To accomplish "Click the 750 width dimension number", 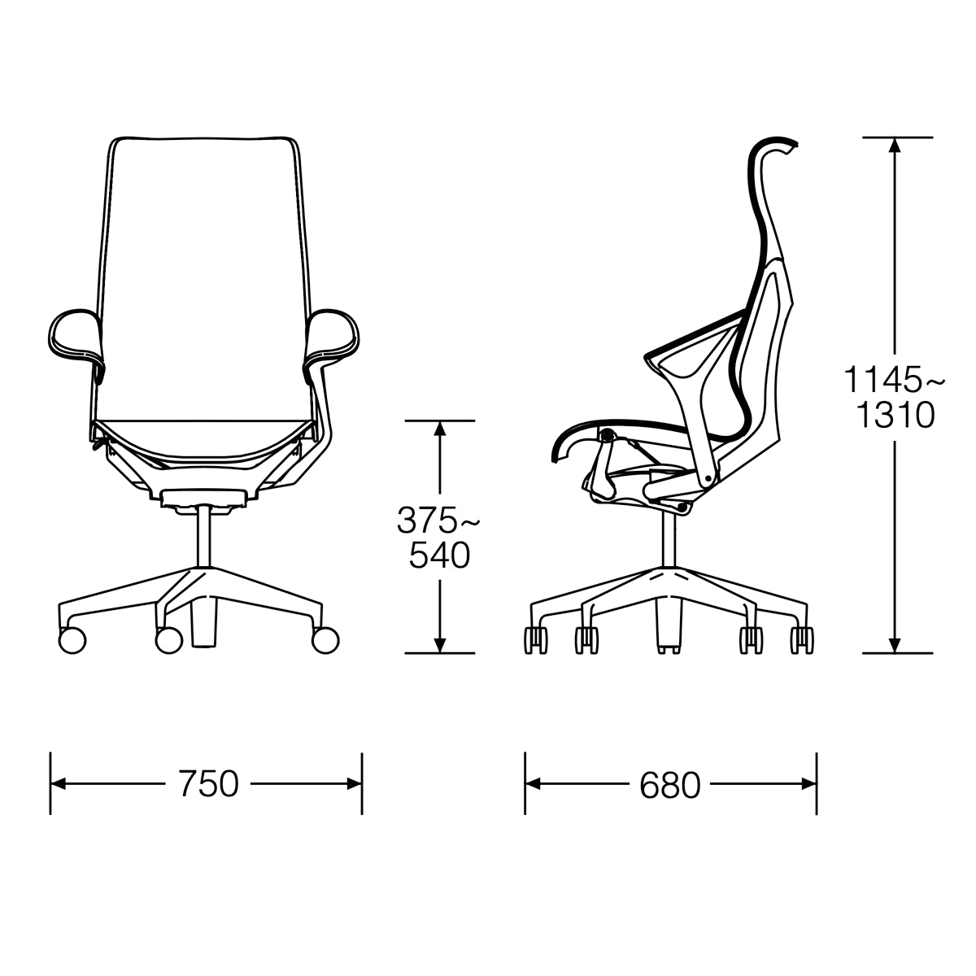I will (207, 783).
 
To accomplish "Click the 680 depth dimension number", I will (669, 785).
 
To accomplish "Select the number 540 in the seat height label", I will (439, 556).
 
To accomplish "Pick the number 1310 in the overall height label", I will (895, 416).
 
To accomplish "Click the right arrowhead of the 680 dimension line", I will (809, 784).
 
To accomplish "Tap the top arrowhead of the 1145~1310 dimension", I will (895, 145).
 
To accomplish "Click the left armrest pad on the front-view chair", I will (78, 335).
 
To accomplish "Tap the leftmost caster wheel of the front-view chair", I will (72, 639).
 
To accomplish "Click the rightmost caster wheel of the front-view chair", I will (325, 639).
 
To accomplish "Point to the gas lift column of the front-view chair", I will (204, 536).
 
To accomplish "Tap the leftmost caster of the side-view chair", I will (536, 640).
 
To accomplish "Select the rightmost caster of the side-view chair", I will (801, 640).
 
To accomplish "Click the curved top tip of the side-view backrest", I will (787, 146).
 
